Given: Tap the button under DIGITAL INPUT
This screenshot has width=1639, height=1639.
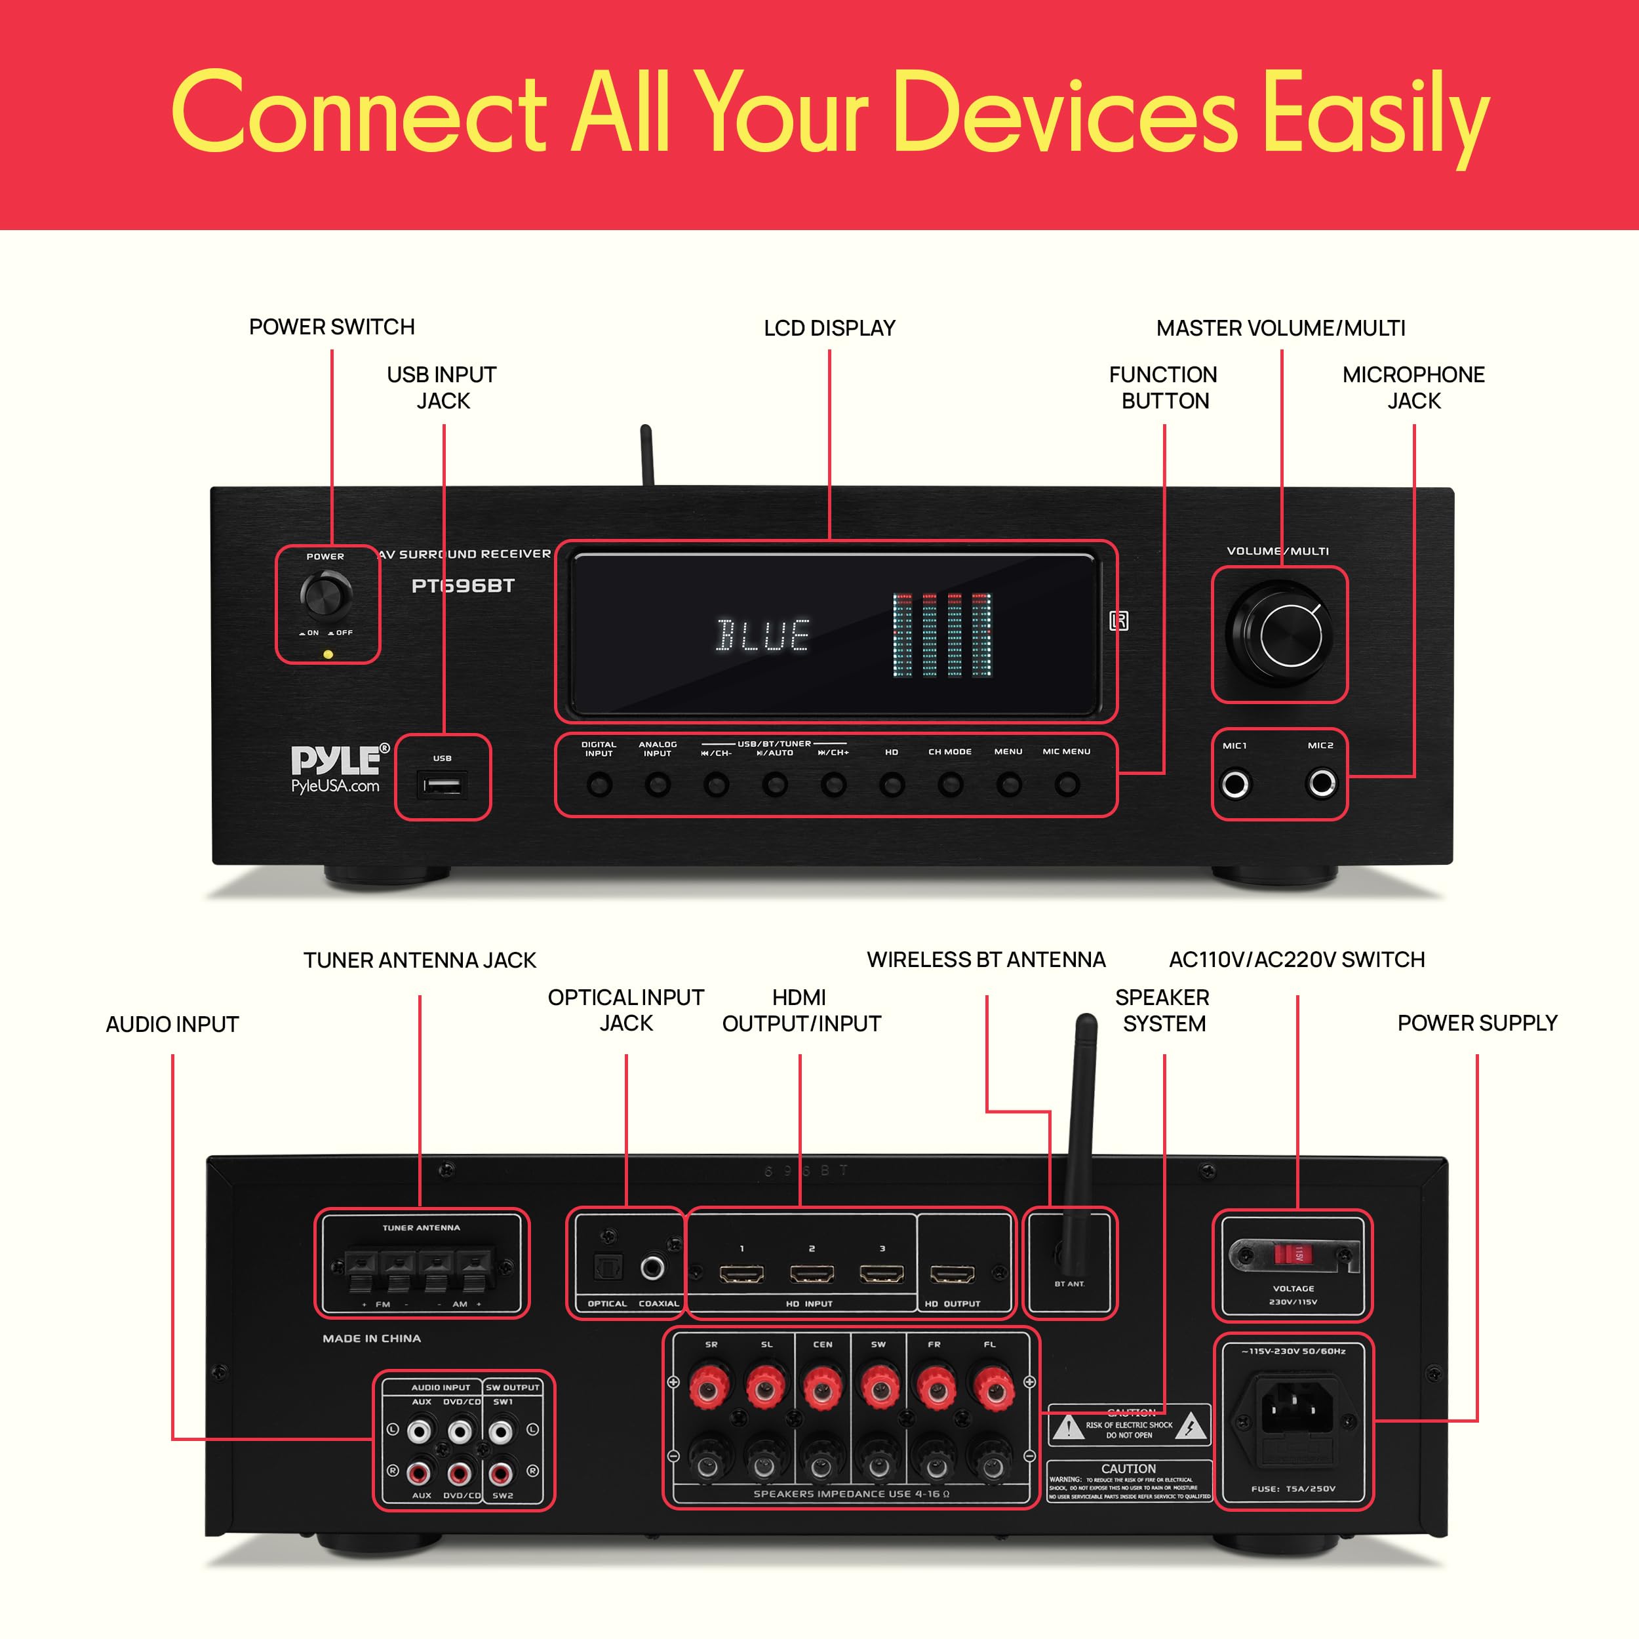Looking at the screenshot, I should [x=599, y=785].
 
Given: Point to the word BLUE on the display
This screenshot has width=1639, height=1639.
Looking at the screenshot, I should [x=762, y=635].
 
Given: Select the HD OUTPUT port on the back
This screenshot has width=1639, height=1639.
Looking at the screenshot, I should [x=952, y=1274].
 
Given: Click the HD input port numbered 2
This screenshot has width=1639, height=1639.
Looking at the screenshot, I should [x=812, y=1274].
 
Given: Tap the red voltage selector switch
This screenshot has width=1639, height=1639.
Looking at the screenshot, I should [x=1298, y=1254].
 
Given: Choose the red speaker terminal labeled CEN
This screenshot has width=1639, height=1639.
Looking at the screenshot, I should [x=821, y=1389].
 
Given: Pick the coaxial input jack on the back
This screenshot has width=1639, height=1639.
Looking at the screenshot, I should [x=652, y=1269].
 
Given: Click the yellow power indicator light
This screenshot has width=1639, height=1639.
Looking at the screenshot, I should [x=328, y=654].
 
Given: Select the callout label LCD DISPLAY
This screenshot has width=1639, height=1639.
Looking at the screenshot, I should [x=829, y=328].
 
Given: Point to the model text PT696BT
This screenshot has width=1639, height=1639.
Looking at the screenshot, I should [x=462, y=586].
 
